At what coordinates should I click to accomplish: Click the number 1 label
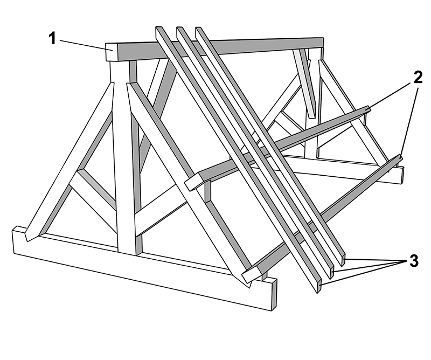coord(53,38)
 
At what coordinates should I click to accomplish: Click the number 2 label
coord(417,77)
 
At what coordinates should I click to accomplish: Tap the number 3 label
coord(414,260)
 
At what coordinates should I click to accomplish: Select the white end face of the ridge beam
coord(112,52)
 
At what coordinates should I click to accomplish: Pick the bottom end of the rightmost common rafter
coord(343,259)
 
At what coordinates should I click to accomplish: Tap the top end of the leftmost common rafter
coord(158,29)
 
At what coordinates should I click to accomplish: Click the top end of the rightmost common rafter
coord(198,28)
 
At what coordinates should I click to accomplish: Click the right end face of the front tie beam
coord(274,294)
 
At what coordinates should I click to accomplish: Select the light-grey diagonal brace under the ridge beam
coord(305,84)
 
